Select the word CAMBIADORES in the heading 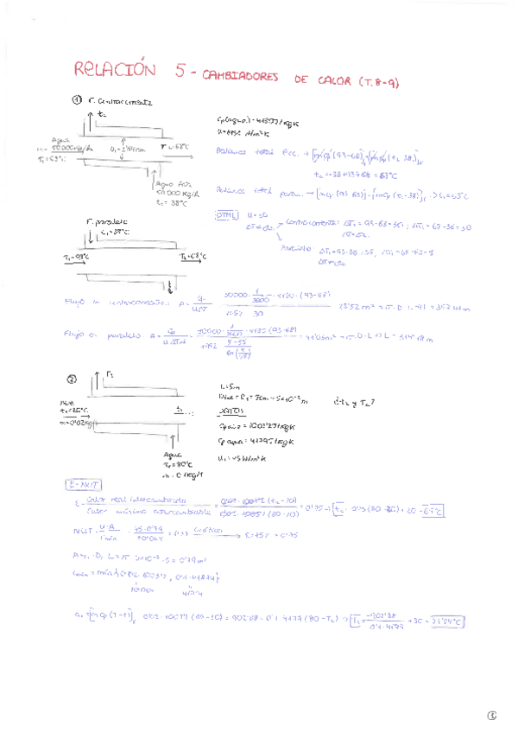tap(241, 78)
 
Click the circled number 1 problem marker tap(77, 100)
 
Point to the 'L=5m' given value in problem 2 tap(229, 386)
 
